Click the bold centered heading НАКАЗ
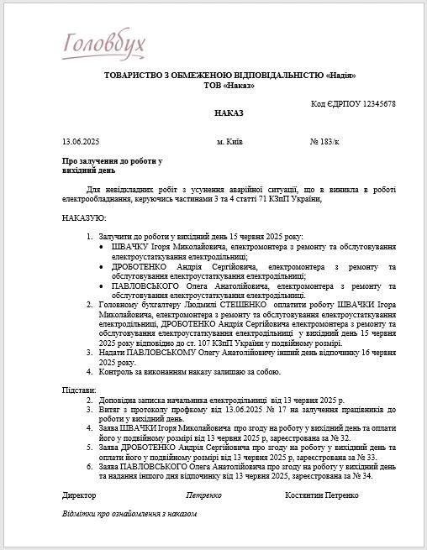pyautogui.click(x=228, y=112)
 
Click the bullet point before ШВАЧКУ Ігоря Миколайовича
pyautogui.click(x=103, y=247)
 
